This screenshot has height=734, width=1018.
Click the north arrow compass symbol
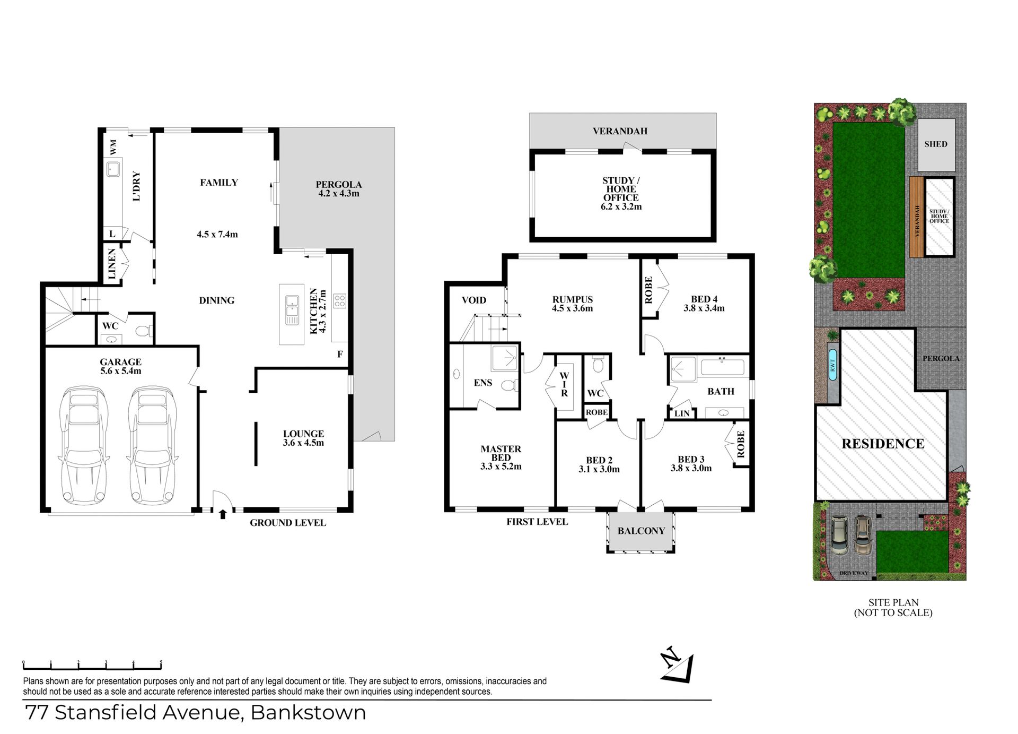click(x=678, y=664)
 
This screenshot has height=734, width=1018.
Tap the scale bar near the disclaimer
click(x=92, y=665)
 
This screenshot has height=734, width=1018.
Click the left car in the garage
click(x=84, y=445)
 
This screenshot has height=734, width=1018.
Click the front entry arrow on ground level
click(x=223, y=514)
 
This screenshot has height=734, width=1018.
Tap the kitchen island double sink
click(x=292, y=310)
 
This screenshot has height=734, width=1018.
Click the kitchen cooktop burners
click(x=340, y=301)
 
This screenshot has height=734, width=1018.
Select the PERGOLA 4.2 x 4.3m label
click(x=339, y=189)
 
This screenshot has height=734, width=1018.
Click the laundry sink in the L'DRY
click(x=113, y=169)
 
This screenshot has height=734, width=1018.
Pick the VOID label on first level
click(x=474, y=300)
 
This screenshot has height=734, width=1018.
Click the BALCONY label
click(x=641, y=531)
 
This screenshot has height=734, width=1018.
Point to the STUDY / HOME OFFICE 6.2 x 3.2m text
click(x=621, y=194)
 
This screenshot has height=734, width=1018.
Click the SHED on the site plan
click(x=936, y=144)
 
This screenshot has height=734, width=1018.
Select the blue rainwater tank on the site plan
click(x=832, y=365)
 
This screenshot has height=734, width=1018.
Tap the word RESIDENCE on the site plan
click(x=883, y=444)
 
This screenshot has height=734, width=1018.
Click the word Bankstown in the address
click(x=308, y=712)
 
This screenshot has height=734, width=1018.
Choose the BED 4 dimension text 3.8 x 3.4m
click(x=704, y=308)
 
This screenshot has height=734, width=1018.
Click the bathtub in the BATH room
click(x=722, y=367)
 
